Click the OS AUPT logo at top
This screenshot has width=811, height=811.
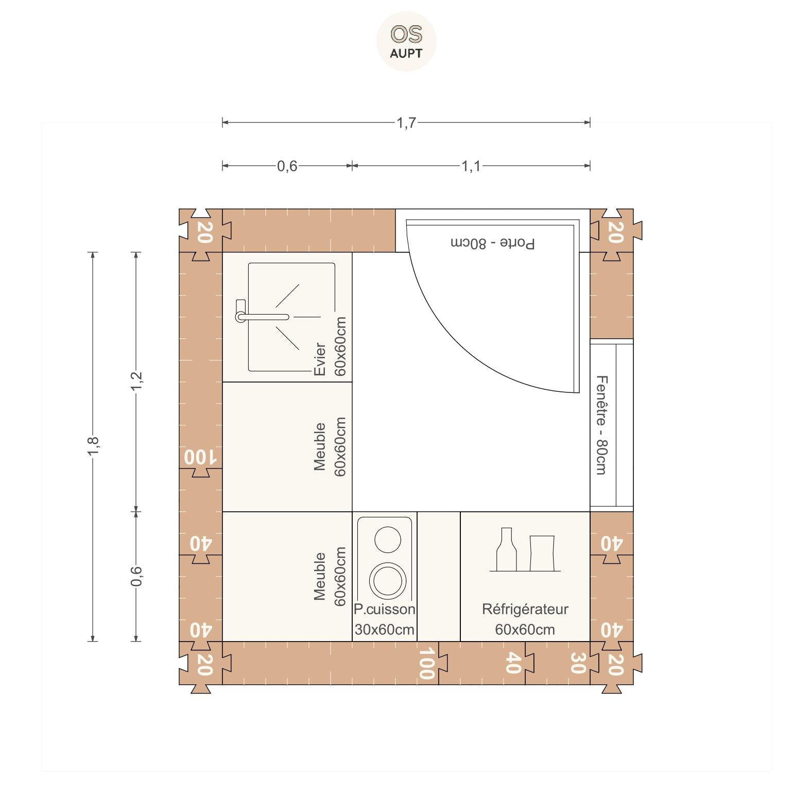pyautogui.click(x=406, y=42)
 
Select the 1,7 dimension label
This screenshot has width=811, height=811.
pyautogui.click(x=406, y=123)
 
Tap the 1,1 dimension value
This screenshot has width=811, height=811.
pyautogui.click(x=471, y=166)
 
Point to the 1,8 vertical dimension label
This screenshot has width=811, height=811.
pyautogui.click(x=93, y=446)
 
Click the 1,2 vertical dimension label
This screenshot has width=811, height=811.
pyautogui.click(x=136, y=381)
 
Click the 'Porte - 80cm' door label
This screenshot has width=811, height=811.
pyautogui.click(x=493, y=243)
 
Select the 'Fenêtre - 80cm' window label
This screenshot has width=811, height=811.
pyautogui.click(x=601, y=425)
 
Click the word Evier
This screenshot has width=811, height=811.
pyautogui.click(x=319, y=359)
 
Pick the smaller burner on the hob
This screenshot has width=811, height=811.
pyautogui.click(x=388, y=539)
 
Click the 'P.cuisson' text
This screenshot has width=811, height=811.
pyautogui.click(x=385, y=609)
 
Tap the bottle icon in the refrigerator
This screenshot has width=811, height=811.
pyautogui.click(x=506, y=549)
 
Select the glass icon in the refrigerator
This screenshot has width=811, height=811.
pyautogui.click(x=542, y=553)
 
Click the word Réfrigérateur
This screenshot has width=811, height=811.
pyautogui.click(x=525, y=609)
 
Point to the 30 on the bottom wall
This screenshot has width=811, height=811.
pyautogui.click(x=578, y=663)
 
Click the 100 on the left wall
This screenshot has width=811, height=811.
pyautogui.click(x=201, y=457)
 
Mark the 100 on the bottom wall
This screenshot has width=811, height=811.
pyautogui.click(x=426, y=664)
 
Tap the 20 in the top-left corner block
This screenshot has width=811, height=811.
pyautogui.click(x=204, y=232)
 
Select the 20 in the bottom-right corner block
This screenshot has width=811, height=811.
pyautogui.click(x=616, y=664)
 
